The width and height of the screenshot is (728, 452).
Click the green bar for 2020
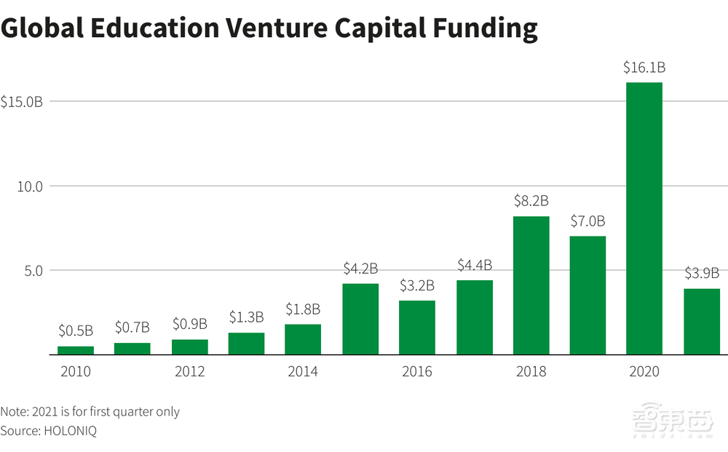click(644, 218)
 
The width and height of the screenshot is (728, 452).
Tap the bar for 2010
click(76, 350)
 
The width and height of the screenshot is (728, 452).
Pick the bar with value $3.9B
click(701, 321)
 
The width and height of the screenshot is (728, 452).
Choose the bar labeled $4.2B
click(360, 319)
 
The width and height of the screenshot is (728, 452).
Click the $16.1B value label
click(644, 68)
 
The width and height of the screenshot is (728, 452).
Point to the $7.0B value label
click(587, 221)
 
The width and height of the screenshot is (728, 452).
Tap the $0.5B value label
click(76, 331)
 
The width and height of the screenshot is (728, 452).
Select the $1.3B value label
click(246, 317)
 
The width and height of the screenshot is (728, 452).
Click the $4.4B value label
click(474, 265)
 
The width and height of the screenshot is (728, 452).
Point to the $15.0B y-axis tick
click(22, 101)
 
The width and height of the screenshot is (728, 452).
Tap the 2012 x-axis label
click(189, 372)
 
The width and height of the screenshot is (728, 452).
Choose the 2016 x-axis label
click(416, 372)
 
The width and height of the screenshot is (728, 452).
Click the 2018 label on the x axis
click(531, 372)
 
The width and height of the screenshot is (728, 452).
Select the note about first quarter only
click(90, 411)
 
